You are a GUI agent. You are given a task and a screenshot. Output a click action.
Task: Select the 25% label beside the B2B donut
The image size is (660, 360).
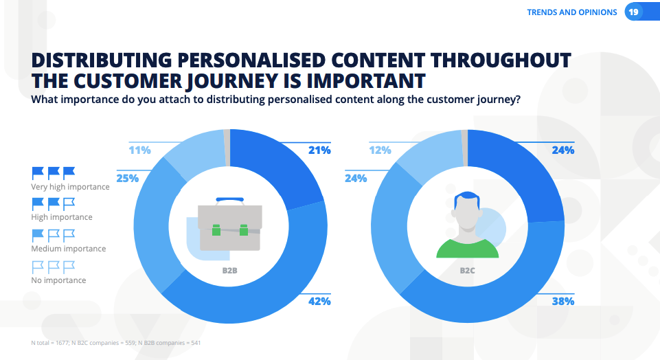coord(128,178)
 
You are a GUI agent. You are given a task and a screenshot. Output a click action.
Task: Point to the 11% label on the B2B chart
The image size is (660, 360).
coord(139,150)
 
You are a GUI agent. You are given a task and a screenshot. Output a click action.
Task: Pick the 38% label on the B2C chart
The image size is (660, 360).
coord(563,301)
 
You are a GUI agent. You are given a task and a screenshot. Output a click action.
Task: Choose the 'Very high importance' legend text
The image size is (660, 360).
coord(70,187)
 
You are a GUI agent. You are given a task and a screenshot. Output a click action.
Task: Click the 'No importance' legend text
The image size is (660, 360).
coord(58,280)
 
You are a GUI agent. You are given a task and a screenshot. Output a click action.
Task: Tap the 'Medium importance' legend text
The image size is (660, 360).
coord(69,249)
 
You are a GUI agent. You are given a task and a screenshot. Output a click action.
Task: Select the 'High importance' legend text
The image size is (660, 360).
coord(62,217)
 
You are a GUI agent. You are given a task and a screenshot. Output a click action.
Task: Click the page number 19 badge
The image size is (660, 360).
coord(633,12)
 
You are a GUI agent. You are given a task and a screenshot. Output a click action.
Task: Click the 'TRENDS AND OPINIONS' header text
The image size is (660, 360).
coord(571,12)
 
